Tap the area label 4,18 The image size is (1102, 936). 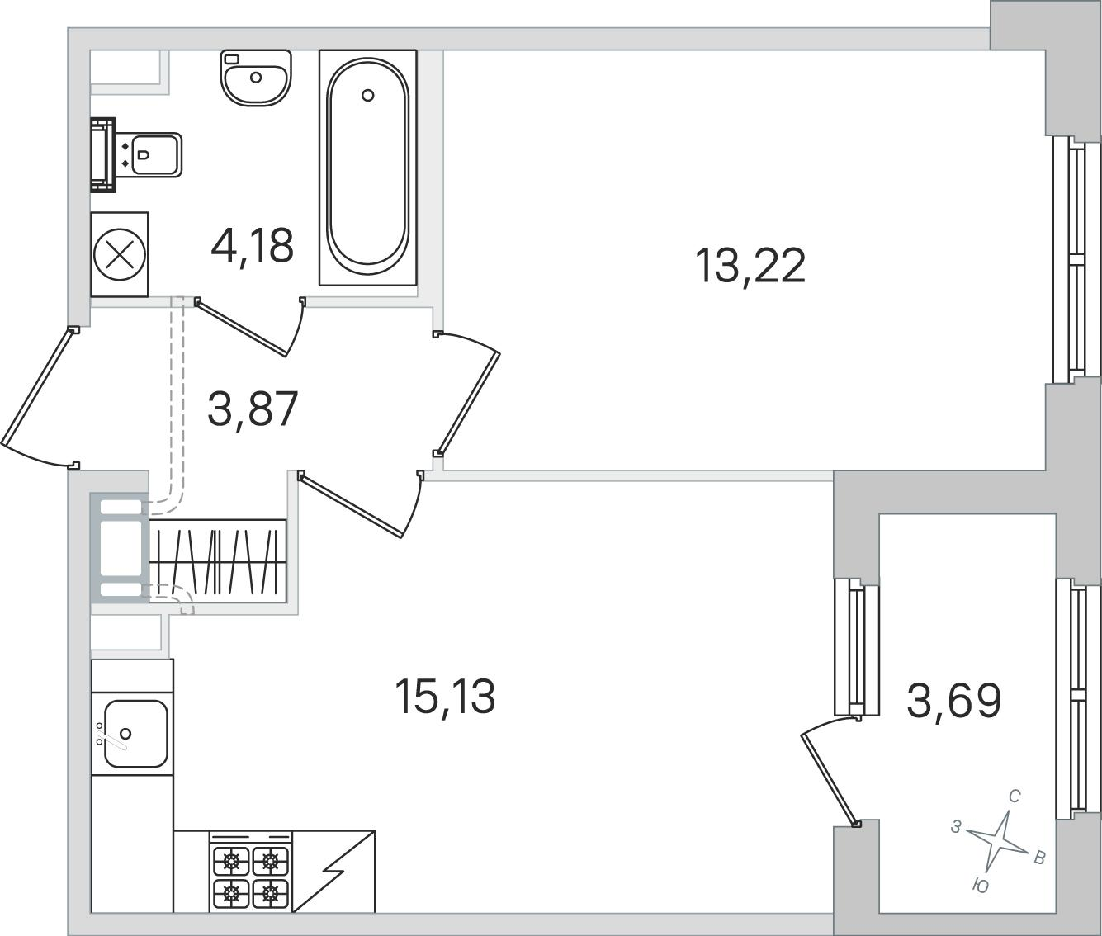pyautogui.click(x=252, y=246)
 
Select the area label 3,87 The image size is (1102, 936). pyautogui.click(x=252, y=409)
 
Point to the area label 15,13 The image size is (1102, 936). pyautogui.click(x=445, y=697)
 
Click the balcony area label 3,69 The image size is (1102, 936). pyautogui.click(x=953, y=701)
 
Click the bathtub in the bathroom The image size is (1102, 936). pyautogui.click(x=368, y=168)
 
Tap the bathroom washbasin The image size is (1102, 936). pyautogui.click(x=256, y=78)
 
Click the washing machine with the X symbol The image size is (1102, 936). pyautogui.click(x=120, y=254)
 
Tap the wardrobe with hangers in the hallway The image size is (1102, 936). pyautogui.click(x=218, y=561)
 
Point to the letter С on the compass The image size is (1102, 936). pyautogui.click(x=1015, y=811)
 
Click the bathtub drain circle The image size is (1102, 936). pyautogui.click(x=367, y=96)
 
